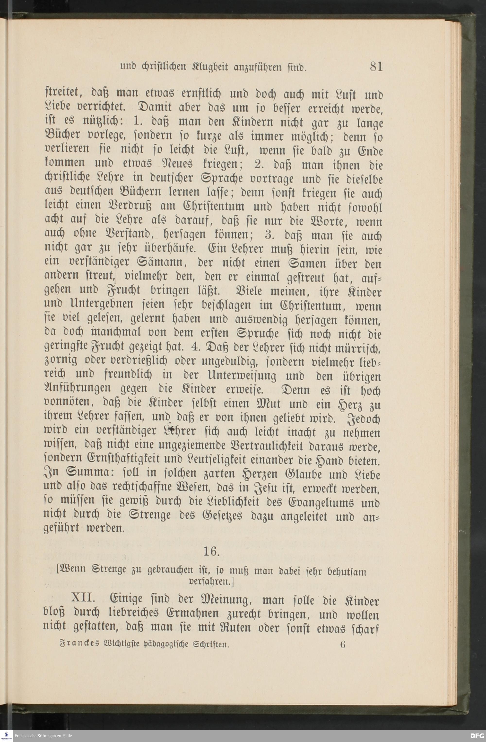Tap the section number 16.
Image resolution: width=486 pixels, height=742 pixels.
coord(211,551)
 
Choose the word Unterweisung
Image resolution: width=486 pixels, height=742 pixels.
coord(238,376)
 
